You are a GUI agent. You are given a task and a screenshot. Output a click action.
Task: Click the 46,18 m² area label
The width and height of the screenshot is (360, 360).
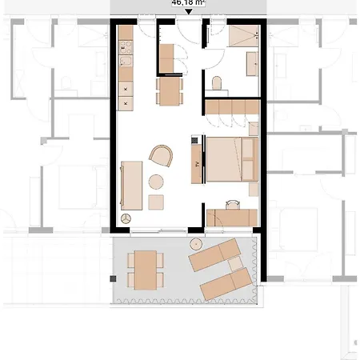coord(187,3)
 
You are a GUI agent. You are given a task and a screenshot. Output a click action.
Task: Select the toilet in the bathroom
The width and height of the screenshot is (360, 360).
coord(217,82)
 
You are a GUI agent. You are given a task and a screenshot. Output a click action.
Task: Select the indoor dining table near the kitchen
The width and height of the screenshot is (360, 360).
coord(169,90)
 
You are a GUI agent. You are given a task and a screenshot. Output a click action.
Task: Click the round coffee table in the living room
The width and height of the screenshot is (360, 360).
coord(155,182)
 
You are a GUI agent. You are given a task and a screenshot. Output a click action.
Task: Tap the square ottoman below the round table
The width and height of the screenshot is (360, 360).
coord(156,200)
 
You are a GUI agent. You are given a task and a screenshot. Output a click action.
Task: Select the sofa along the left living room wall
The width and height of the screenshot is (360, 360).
coord(132,184)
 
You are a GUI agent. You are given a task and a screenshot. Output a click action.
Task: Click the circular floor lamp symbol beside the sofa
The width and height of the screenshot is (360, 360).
coord(125,218)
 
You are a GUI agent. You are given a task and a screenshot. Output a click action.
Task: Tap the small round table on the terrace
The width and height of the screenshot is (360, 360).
coord(194,242)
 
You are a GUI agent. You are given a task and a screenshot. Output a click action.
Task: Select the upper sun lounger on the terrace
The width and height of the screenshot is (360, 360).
coord(214,254)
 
